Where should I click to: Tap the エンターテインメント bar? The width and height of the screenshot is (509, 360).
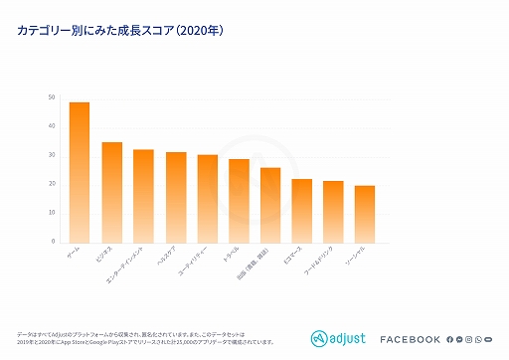[144, 196]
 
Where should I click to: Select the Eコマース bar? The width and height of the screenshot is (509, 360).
[302, 210]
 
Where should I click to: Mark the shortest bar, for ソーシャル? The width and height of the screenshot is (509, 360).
[365, 213]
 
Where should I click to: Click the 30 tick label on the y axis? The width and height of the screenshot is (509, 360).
[51, 155]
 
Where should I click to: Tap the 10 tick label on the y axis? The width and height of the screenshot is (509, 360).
[51, 213]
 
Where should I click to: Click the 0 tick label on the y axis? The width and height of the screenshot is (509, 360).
[53, 242]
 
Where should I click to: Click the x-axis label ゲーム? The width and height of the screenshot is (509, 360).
[74, 255]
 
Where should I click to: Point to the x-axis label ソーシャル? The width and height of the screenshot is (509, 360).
[357, 259]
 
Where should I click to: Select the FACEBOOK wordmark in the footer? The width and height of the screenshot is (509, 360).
[410, 340]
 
